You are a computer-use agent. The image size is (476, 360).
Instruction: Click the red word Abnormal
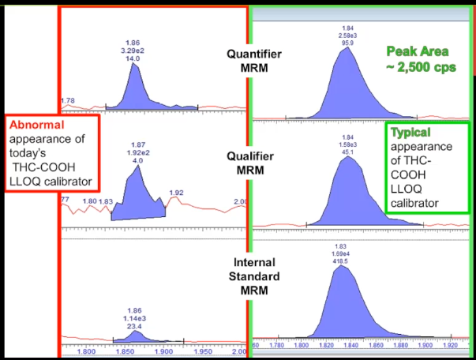pyautogui.click(x=36, y=125)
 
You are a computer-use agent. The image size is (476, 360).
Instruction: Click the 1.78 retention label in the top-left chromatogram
pyautogui.click(x=69, y=100)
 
